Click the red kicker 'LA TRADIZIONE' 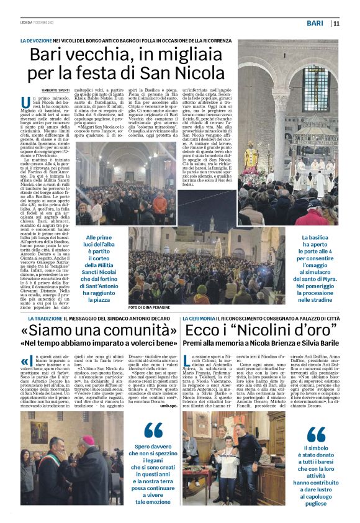click(38, 318)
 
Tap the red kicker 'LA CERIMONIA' click(199, 318)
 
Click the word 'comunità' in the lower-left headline click(128, 330)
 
